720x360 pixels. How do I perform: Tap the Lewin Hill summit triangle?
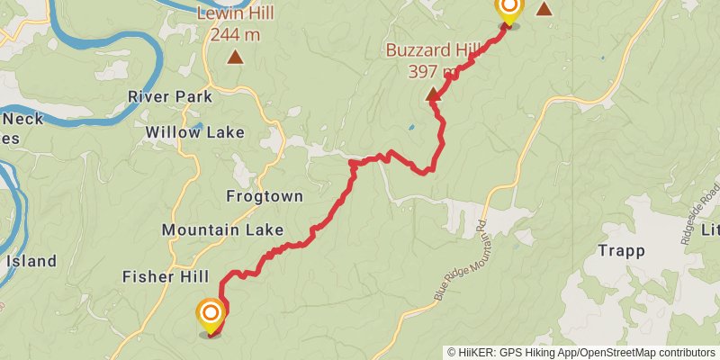(235, 58)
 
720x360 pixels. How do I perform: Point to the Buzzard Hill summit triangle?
(433, 94)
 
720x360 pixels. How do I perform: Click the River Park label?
(169, 96)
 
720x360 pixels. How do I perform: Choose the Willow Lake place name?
(194, 132)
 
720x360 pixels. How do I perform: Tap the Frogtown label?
(264, 196)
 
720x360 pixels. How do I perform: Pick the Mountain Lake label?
(222, 230)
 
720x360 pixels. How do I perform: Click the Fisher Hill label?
(166, 276)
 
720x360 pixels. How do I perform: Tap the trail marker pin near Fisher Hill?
(210, 314)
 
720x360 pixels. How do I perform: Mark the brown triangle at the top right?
(544, 8)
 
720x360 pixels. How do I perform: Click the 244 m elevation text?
(235, 34)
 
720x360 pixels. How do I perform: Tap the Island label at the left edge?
(31, 262)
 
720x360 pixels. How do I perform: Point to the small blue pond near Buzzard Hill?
(412, 127)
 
